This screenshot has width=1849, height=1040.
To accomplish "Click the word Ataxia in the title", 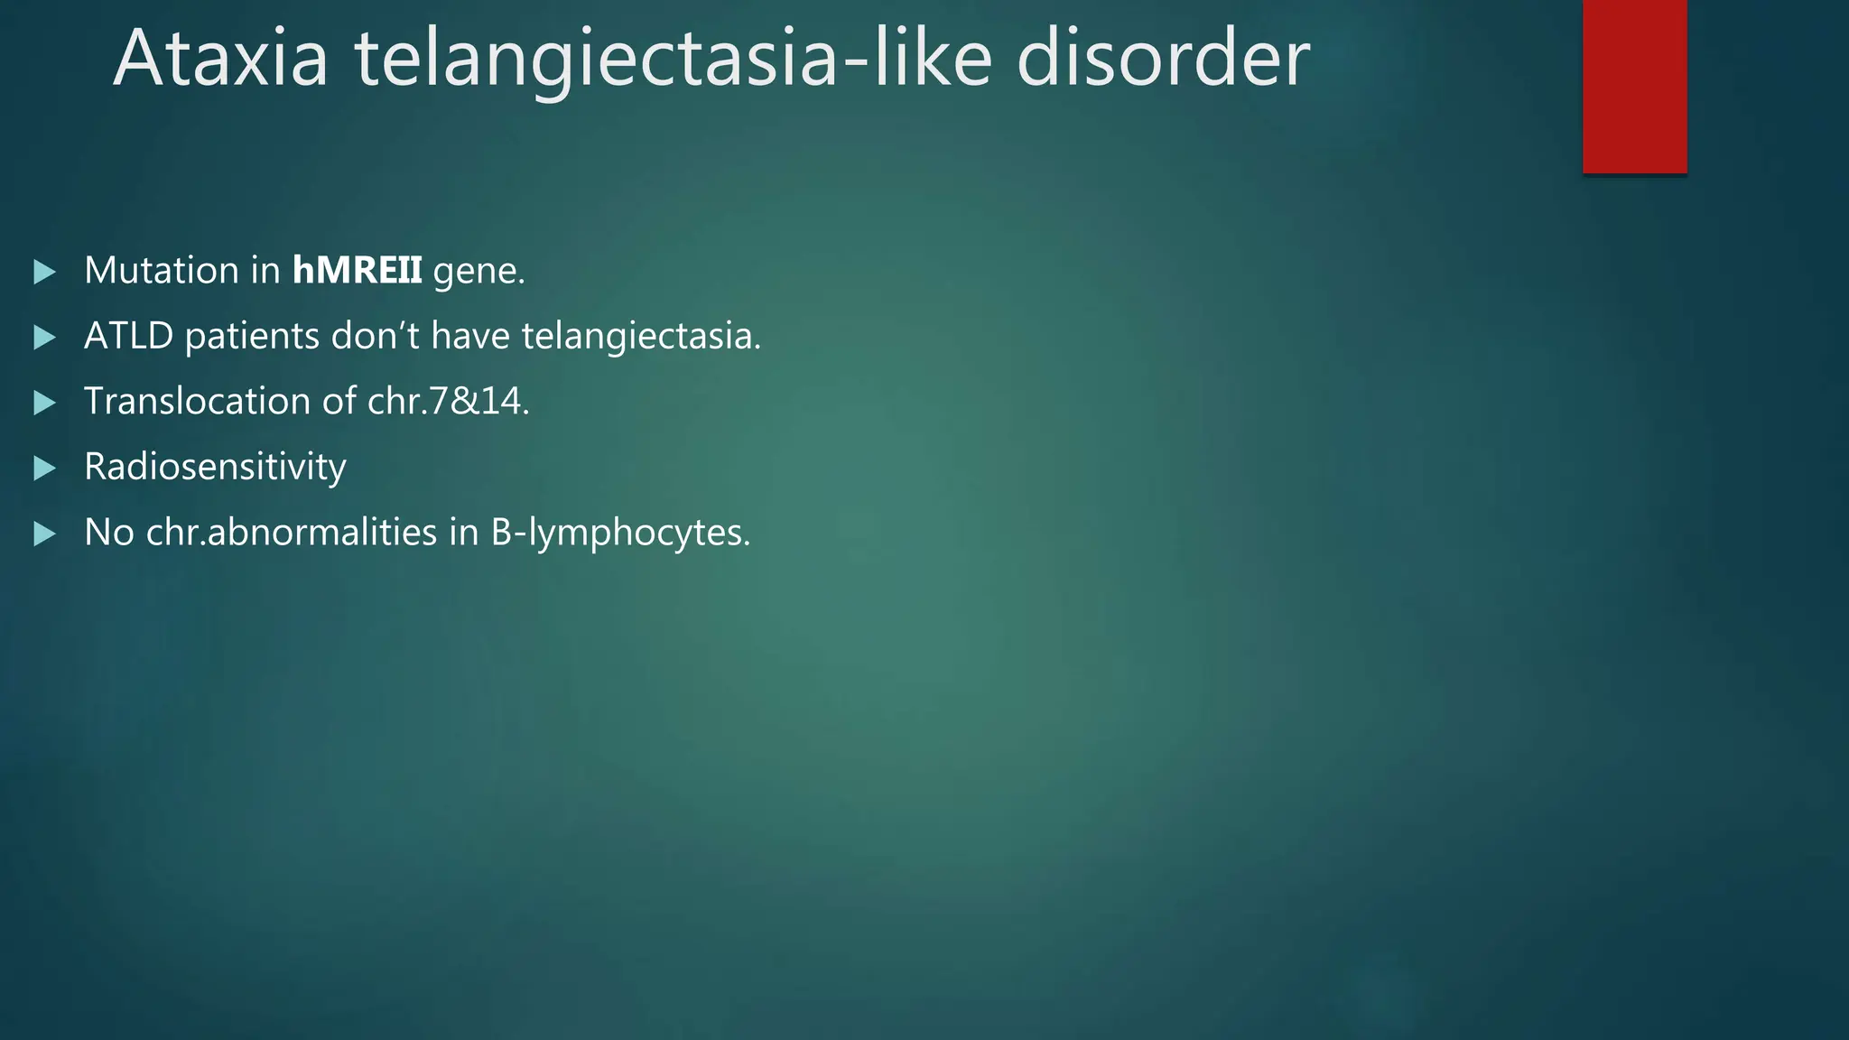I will (x=220, y=59).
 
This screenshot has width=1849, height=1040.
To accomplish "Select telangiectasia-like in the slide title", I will (x=673, y=60).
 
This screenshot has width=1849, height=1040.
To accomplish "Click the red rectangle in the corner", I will (x=1634, y=86).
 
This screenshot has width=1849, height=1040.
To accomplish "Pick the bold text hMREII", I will (x=357, y=271).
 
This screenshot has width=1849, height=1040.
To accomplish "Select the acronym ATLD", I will (x=128, y=337).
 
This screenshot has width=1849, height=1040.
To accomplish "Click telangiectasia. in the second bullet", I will (x=641, y=337).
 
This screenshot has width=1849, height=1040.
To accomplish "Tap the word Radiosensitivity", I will (x=215, y=468).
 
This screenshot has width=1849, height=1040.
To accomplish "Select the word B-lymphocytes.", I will (x=620, y=534).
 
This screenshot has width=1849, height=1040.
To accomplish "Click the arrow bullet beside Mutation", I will (x=44, y=272).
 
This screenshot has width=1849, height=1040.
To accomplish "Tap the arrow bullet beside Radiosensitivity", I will (x=44, y=469).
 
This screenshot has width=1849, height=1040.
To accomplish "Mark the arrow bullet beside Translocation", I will (x=44, y=403).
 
